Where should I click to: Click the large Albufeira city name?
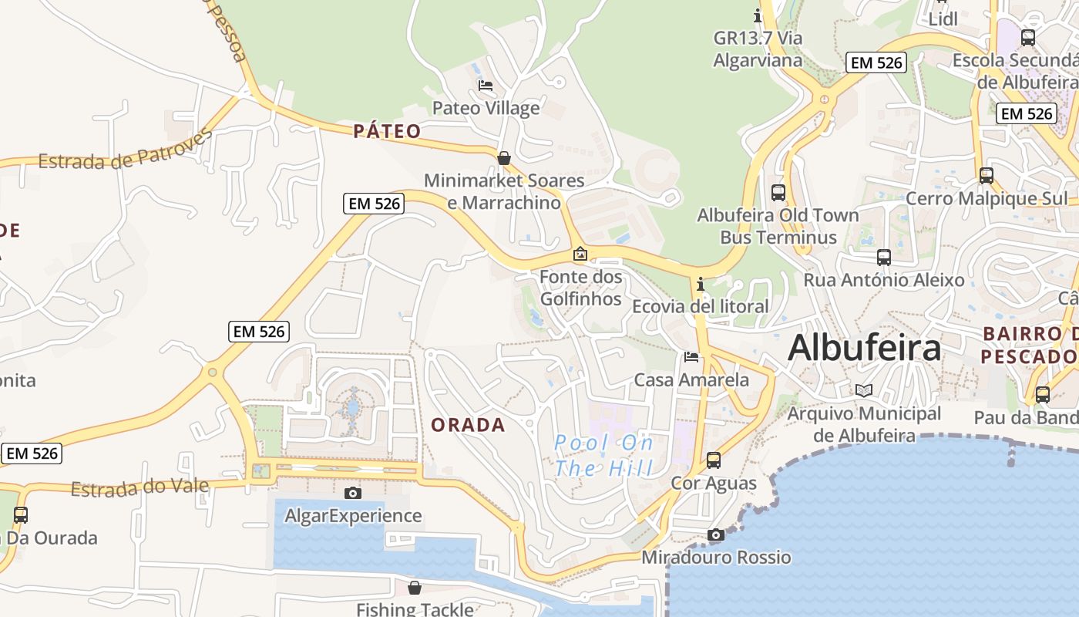click(x=864, y=348)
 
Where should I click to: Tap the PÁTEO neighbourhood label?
click(x=387, y=131)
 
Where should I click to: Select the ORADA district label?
click(x=468, y=425)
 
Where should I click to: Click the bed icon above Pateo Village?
click(x=486, y=86)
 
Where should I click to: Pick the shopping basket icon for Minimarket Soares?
click(x=504, y=158)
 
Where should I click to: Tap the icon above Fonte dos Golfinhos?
click(x=580, y=254)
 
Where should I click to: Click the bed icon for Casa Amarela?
click(x=691, y=357)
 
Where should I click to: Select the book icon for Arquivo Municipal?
click(x=864, y=390)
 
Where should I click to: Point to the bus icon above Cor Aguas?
click(x=714, y=460)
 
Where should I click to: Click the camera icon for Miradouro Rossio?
click(x=715, y=534)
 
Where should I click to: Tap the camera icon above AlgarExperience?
click(x=353, y=493)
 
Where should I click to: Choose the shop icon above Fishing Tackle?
click(x=415, y=588)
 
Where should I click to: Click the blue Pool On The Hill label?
click(x=603, y=455)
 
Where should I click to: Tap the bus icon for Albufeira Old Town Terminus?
click(x=778, y=193)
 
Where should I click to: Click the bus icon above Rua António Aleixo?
click(x=884, y=257)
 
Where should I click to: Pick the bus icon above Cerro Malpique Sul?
click(x=987, y=175)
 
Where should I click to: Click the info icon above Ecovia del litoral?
click(x=700, y=284)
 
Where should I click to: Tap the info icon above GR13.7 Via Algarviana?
click(x=758, y=15)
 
